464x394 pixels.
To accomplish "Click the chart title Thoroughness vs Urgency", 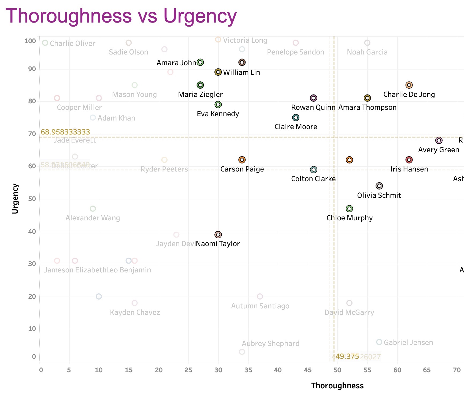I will point(121,16).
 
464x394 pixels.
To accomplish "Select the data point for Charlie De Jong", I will point(409,85).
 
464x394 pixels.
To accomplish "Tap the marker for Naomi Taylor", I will point(218,235).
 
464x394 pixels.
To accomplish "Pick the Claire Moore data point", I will point(296,118).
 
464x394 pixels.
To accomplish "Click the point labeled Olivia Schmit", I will point(379,186).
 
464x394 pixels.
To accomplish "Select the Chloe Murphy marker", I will point(349,209).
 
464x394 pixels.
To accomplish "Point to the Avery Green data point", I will point(439,140).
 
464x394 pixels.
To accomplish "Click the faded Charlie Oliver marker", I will point(45,43).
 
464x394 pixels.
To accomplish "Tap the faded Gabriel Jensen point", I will point(379,342).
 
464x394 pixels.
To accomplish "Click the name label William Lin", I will point(242,72).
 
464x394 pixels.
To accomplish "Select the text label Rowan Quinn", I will point(313,107).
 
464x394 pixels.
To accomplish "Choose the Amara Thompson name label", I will point(367,107).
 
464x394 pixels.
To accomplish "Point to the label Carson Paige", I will point(242,169).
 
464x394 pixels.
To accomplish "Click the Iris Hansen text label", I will point(409,169).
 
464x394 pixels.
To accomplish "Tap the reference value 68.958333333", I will point(65,132).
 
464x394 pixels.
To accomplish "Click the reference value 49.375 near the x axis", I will point(347,356).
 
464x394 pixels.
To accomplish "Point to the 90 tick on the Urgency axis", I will point(32,69).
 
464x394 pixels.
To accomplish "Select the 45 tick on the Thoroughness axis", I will point(308,370).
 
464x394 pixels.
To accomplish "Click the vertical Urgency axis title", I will point(15,199).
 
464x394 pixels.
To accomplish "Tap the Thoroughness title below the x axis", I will point(337,386).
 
